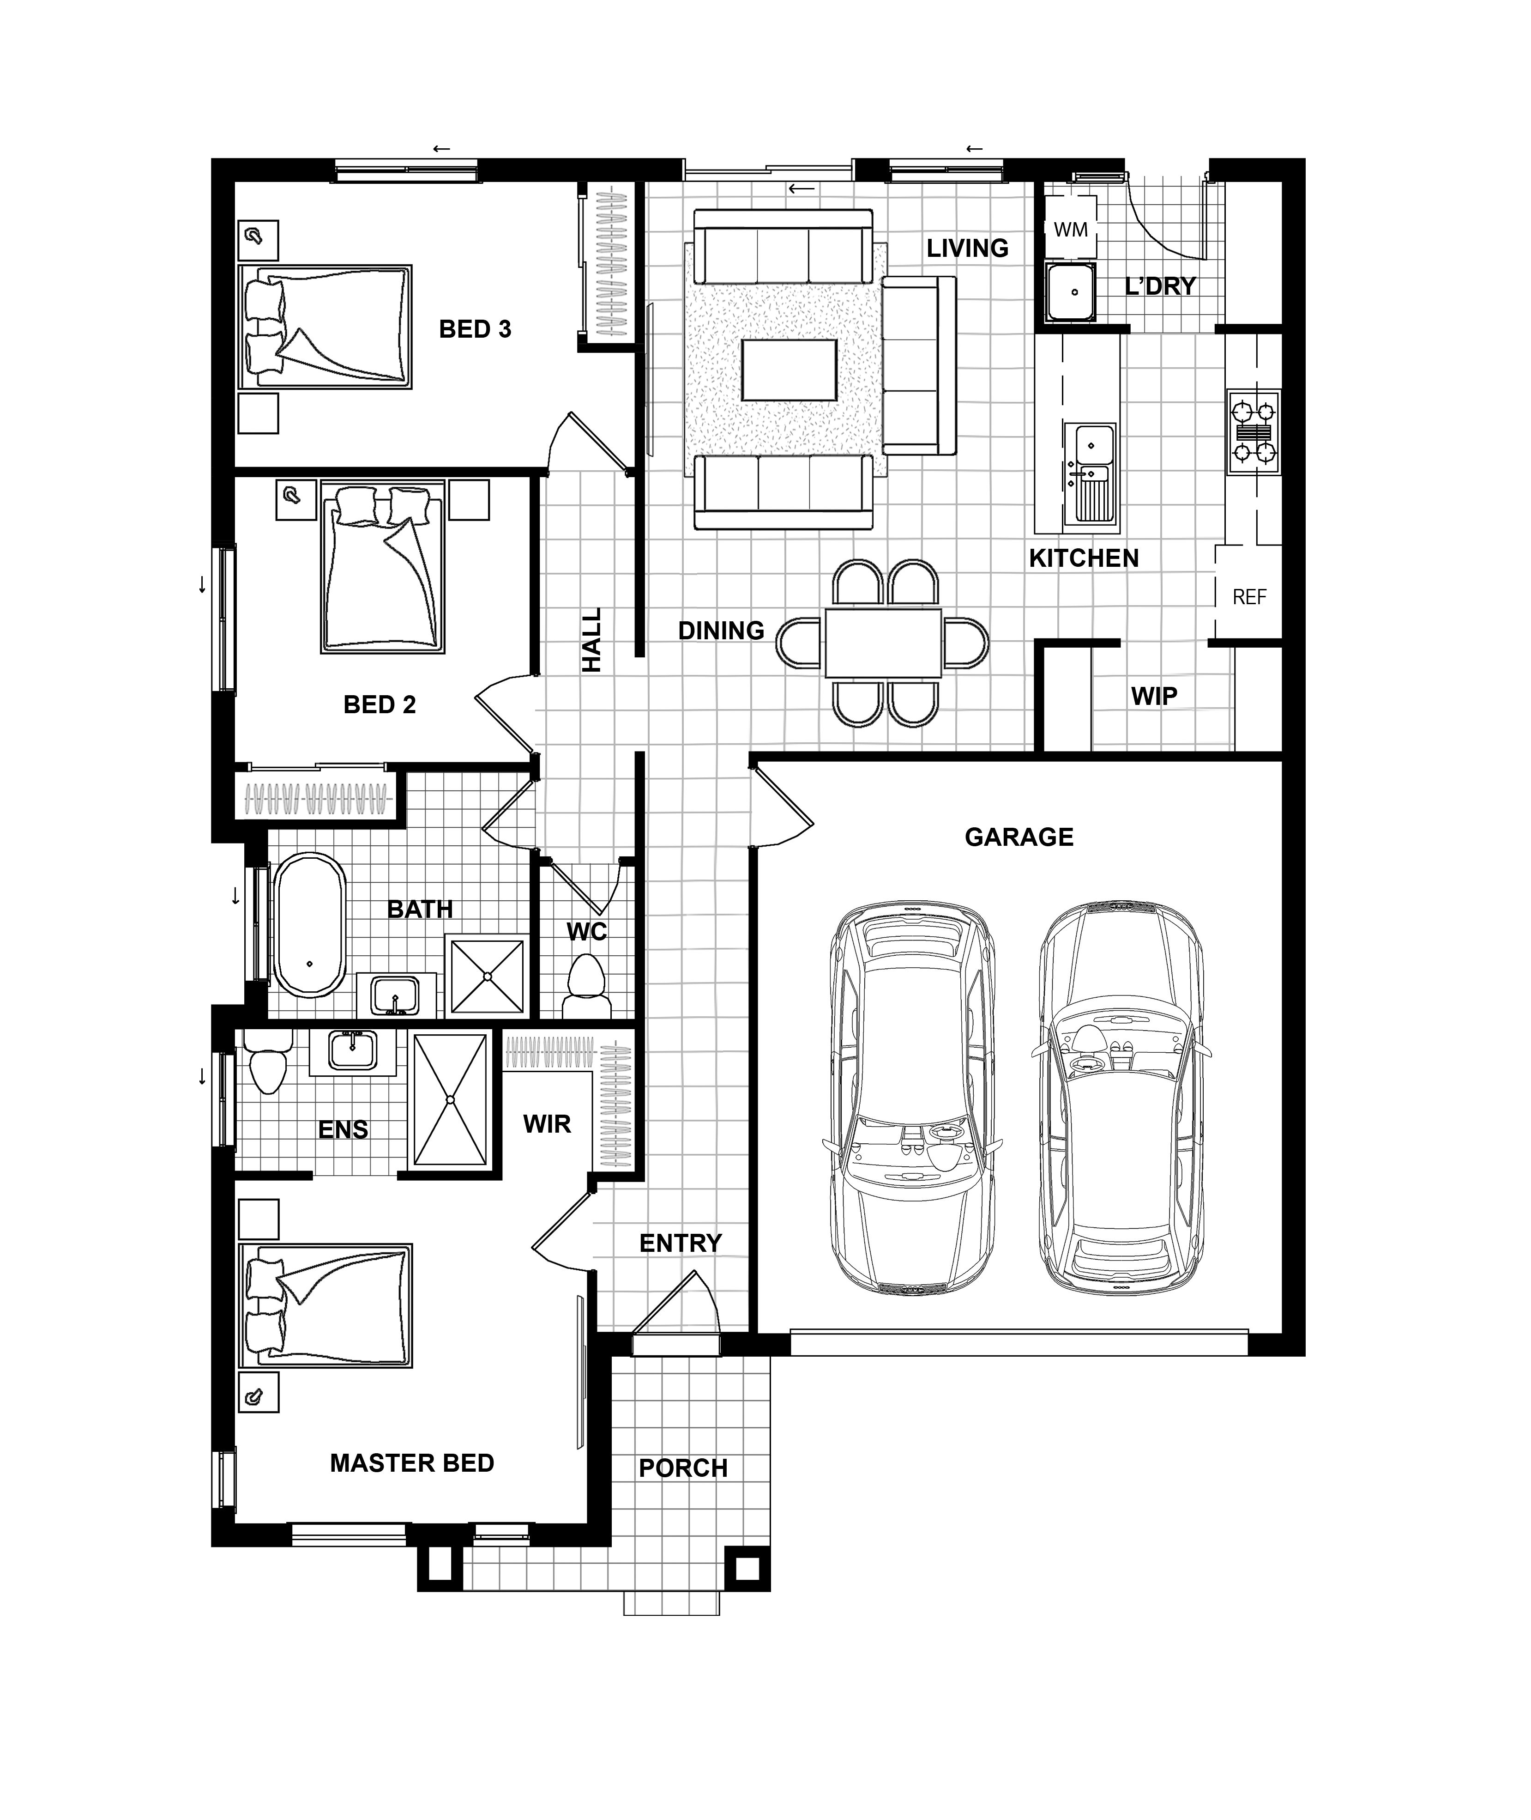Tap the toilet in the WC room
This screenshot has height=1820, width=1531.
click(x=587, y=986)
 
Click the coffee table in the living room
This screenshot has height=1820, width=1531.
click(x=789, y=370)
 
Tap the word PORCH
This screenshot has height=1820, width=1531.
click(x=683, y=1468)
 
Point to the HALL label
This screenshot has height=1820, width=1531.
click(x=592, y=640)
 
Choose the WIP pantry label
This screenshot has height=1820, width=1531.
click(x=1154, y=697)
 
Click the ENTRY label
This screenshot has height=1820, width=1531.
click(x=681, y=1244)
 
